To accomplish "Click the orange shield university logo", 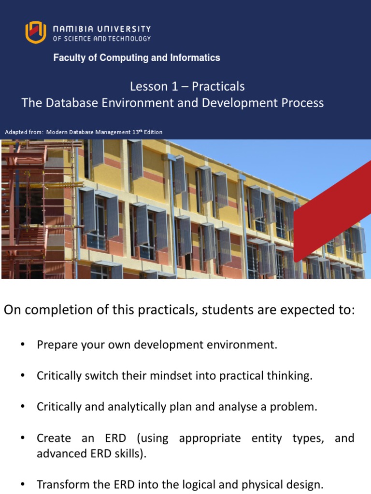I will click(x=36, y=33).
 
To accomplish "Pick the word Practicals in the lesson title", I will click(x=218, y=86).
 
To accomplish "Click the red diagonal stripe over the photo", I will click(x=333, y=207).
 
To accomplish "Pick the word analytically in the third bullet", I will click(x=126, y=407).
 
